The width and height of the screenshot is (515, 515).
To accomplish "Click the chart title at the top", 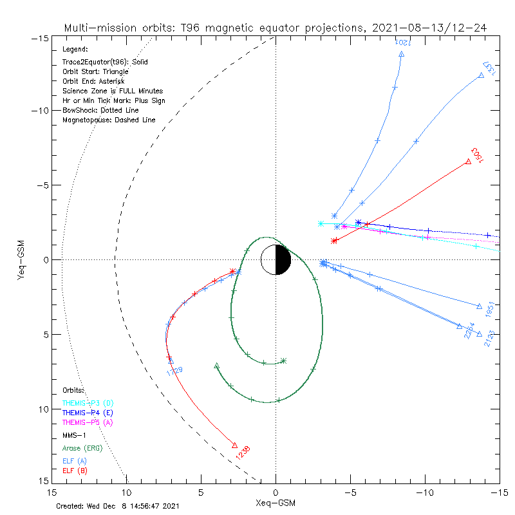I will click(275, 28).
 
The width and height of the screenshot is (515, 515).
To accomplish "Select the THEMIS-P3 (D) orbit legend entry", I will click(88, 403).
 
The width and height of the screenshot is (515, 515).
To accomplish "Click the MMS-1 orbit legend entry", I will click(75, 435).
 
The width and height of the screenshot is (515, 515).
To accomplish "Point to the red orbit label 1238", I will click(242, 453).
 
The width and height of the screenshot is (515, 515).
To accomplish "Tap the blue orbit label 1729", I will click(174, 371).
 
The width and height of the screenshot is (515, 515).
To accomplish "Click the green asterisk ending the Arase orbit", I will click(283, 361).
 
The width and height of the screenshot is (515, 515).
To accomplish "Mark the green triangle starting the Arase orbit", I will click(216, 366).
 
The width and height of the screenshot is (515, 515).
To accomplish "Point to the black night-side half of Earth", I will click(283, 259).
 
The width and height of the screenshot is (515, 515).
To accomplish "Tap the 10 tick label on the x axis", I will click(127, 492).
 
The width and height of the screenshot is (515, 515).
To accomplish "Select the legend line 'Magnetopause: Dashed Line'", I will click(109, 120).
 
